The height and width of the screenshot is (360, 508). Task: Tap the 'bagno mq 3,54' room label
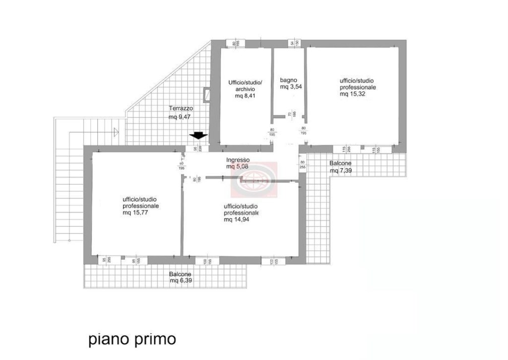click(x=291, y=83)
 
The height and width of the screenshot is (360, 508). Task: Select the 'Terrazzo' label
click(x=181, y=108)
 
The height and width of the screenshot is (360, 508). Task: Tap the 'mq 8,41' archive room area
click(x=245, y=96)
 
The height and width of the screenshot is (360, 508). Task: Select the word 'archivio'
click(x=245, y=89)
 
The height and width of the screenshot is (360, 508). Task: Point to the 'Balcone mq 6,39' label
click(x=181, y=277)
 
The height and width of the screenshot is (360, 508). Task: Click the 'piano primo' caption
click(x=132, y=339)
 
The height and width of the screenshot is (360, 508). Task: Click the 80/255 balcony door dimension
click(x=302, y=165)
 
